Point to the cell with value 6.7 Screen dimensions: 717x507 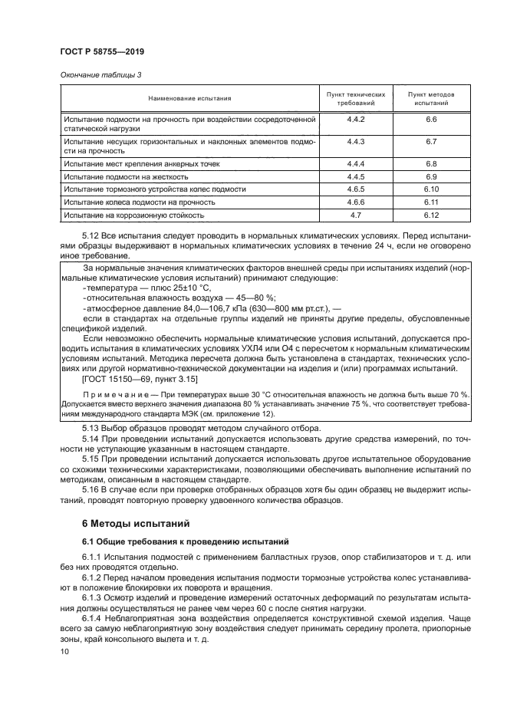(x=430, y=142)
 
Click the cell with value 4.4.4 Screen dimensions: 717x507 (x=355, y=164)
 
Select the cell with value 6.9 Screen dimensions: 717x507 (x=430, y=176)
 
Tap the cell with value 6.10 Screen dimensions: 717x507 (x=430, y=189)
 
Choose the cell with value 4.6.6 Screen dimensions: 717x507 (x=355, y=202)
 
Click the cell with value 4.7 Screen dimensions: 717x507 (x=355, y=215)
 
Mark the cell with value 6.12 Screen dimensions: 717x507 (x=430, y=215)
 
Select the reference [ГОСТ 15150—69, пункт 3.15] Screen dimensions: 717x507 (x=139, y=379)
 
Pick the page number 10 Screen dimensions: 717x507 (x=64, y=651)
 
